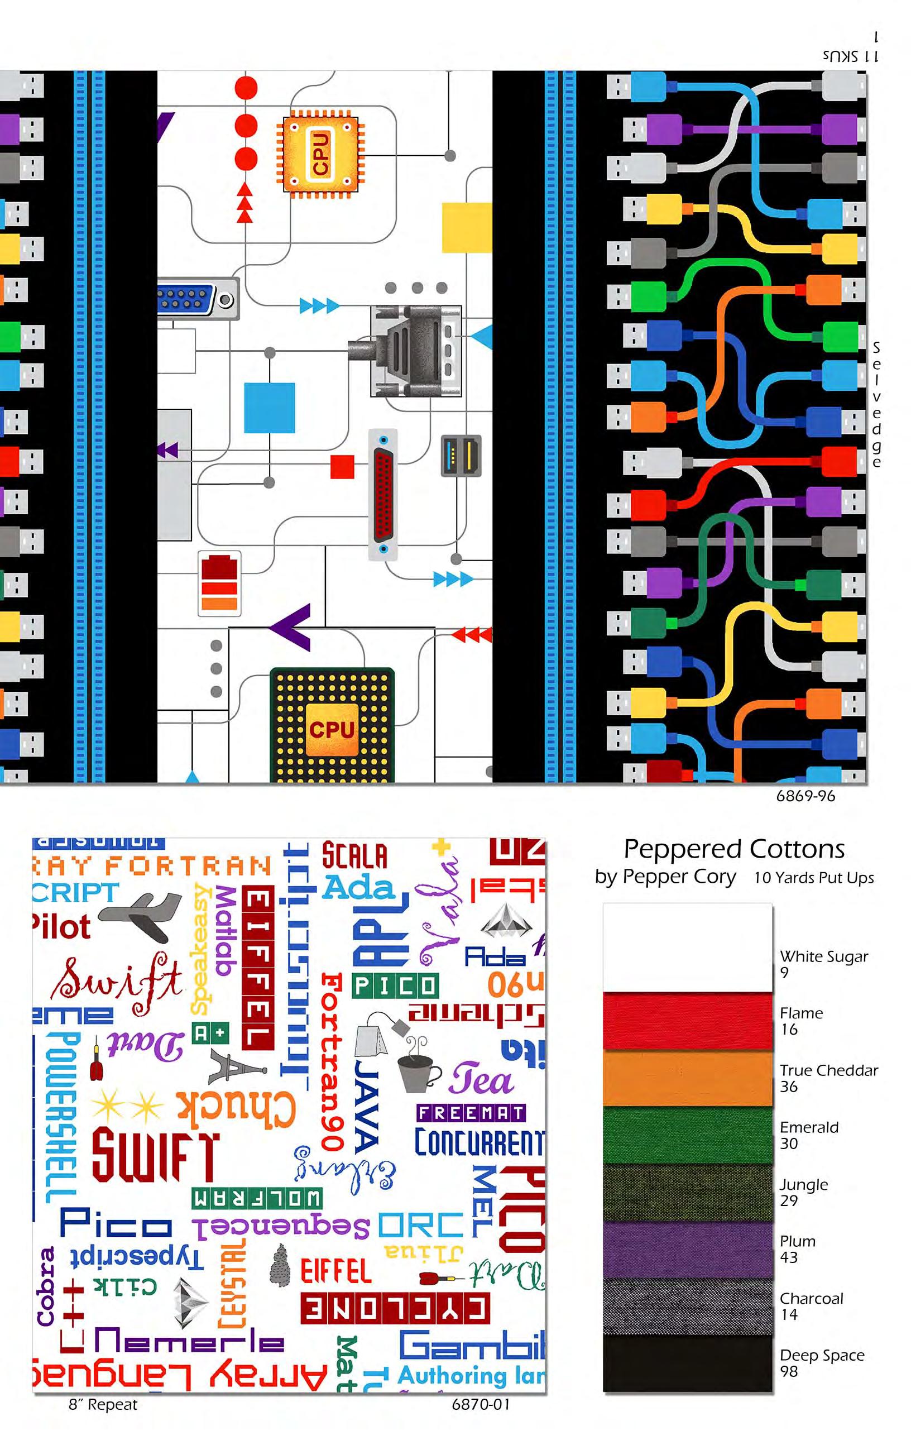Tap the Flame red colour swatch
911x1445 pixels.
(687, 1021)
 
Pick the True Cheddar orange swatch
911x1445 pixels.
(687, 1078)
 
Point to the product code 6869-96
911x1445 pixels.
(805, 796)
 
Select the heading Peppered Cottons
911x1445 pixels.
(734, 849)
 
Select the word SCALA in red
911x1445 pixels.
(354, 856)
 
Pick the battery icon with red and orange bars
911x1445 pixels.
(219, 583)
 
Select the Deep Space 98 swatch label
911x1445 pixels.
(821, 1363)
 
